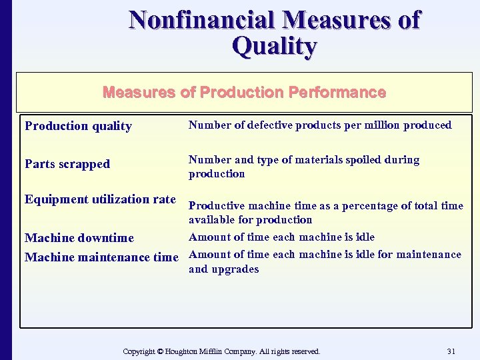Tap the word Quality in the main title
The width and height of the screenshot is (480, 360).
(x=274, y=46)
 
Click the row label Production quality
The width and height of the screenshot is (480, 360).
(x=78, y=126)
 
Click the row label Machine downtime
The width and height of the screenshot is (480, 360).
(x=79, y=238)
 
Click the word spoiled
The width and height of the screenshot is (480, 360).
(x=365, y=160)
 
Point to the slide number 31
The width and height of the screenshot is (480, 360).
(x=451, y=351)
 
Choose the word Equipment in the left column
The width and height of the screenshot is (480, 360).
(x=50, y=199)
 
